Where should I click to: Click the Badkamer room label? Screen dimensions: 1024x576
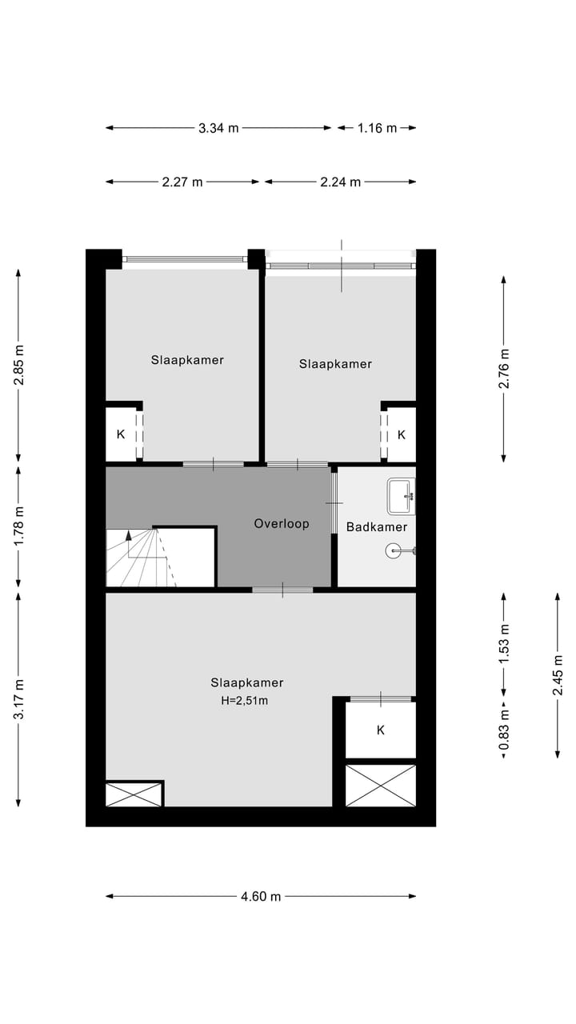click(x=377, y=527)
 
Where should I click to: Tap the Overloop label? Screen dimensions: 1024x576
click(x=282, y=524)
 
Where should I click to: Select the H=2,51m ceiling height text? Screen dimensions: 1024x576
click(x=245, y=701)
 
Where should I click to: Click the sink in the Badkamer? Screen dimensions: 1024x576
click(x=402, y=496)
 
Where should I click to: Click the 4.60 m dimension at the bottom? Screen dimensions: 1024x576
click(x=261, y=897)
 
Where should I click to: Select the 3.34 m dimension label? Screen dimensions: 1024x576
click(x=218, y=128)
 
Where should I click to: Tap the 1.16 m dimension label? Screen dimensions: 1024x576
click(x=377, y=128)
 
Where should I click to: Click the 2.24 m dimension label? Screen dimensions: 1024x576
click(x=341, y=182)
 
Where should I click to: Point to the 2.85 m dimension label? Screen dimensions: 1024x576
click(x=19, y=365)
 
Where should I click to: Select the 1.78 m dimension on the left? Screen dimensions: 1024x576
click(x=19, y=528)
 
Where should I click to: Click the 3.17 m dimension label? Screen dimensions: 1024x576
click(x=19, y=698)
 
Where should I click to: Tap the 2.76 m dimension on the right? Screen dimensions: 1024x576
click(x=503, y=369)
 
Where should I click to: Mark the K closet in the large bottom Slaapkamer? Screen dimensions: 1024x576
click(x=381, y=730)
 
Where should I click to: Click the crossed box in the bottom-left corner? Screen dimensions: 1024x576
click(x=134, y=794)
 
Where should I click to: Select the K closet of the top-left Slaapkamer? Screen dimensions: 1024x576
click(x=121, y=434)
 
